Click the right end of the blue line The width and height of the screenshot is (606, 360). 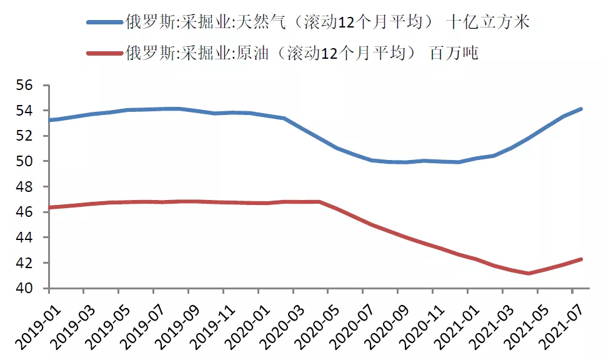pyautogui.click(x=581, y=109)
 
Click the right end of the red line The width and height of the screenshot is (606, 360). pyautogui.click(x=581, y=259)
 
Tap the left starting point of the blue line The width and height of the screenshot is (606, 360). pyautogui.click(x=50, y=120)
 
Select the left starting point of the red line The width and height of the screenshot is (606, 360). pyautogui.click(x=50, y=207)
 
